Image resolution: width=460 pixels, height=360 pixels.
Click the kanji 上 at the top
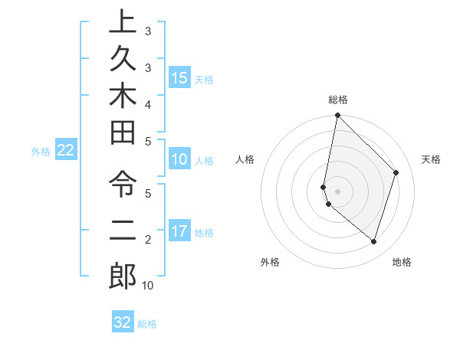(x=122, y=22)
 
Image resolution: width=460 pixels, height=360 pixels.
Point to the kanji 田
(x=122, y=136)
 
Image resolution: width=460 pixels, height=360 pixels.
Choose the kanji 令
(x=122, y=185)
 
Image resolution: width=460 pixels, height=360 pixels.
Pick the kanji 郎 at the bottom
(x=122, y=276)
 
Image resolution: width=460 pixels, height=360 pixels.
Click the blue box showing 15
(x=179, y=77)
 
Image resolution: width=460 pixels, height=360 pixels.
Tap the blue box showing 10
(x=179, y=159)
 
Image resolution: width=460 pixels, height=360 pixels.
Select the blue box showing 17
(x=179, y=231)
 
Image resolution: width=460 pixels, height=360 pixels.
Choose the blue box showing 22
(x=65, y=151)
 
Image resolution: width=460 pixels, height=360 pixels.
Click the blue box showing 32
(x=123, y=322)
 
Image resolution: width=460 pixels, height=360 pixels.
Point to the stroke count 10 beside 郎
(x=147, y=286)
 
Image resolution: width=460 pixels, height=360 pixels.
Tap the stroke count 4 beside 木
(x=147, y=103)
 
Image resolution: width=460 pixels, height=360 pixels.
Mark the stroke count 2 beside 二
(x=147, y=240)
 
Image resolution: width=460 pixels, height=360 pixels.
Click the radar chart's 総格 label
(x=338, y=100)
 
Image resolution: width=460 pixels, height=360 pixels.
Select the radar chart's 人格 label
(x=245, y=159)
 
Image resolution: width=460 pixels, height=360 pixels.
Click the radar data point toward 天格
(x=396, y=172)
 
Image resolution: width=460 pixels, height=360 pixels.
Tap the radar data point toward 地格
(x=373, y=241)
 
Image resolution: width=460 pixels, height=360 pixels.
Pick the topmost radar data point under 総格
(x=337, y=116)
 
